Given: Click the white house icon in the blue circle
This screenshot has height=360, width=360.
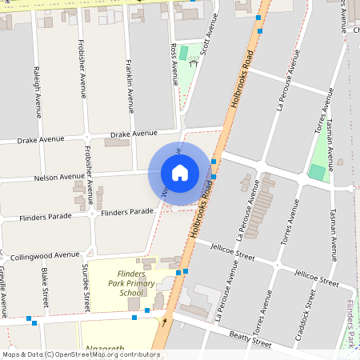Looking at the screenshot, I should pos(180,172).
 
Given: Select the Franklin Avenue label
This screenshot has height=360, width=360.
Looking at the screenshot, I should pos(130,86).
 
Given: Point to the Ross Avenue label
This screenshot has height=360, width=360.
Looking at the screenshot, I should pos(174,64).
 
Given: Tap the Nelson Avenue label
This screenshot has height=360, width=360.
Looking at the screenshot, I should pos(59,177).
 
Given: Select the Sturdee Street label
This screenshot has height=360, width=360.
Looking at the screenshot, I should pos(86,287).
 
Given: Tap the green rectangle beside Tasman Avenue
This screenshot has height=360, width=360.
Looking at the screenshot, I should pos(318,172).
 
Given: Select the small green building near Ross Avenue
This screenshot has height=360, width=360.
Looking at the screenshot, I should pos(184,53).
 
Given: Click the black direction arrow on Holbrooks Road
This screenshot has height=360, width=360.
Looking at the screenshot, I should pos(165,322).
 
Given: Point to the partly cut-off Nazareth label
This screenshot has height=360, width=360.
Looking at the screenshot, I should pos(102,350).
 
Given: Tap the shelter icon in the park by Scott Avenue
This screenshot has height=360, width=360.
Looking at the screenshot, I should pos(192,62).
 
